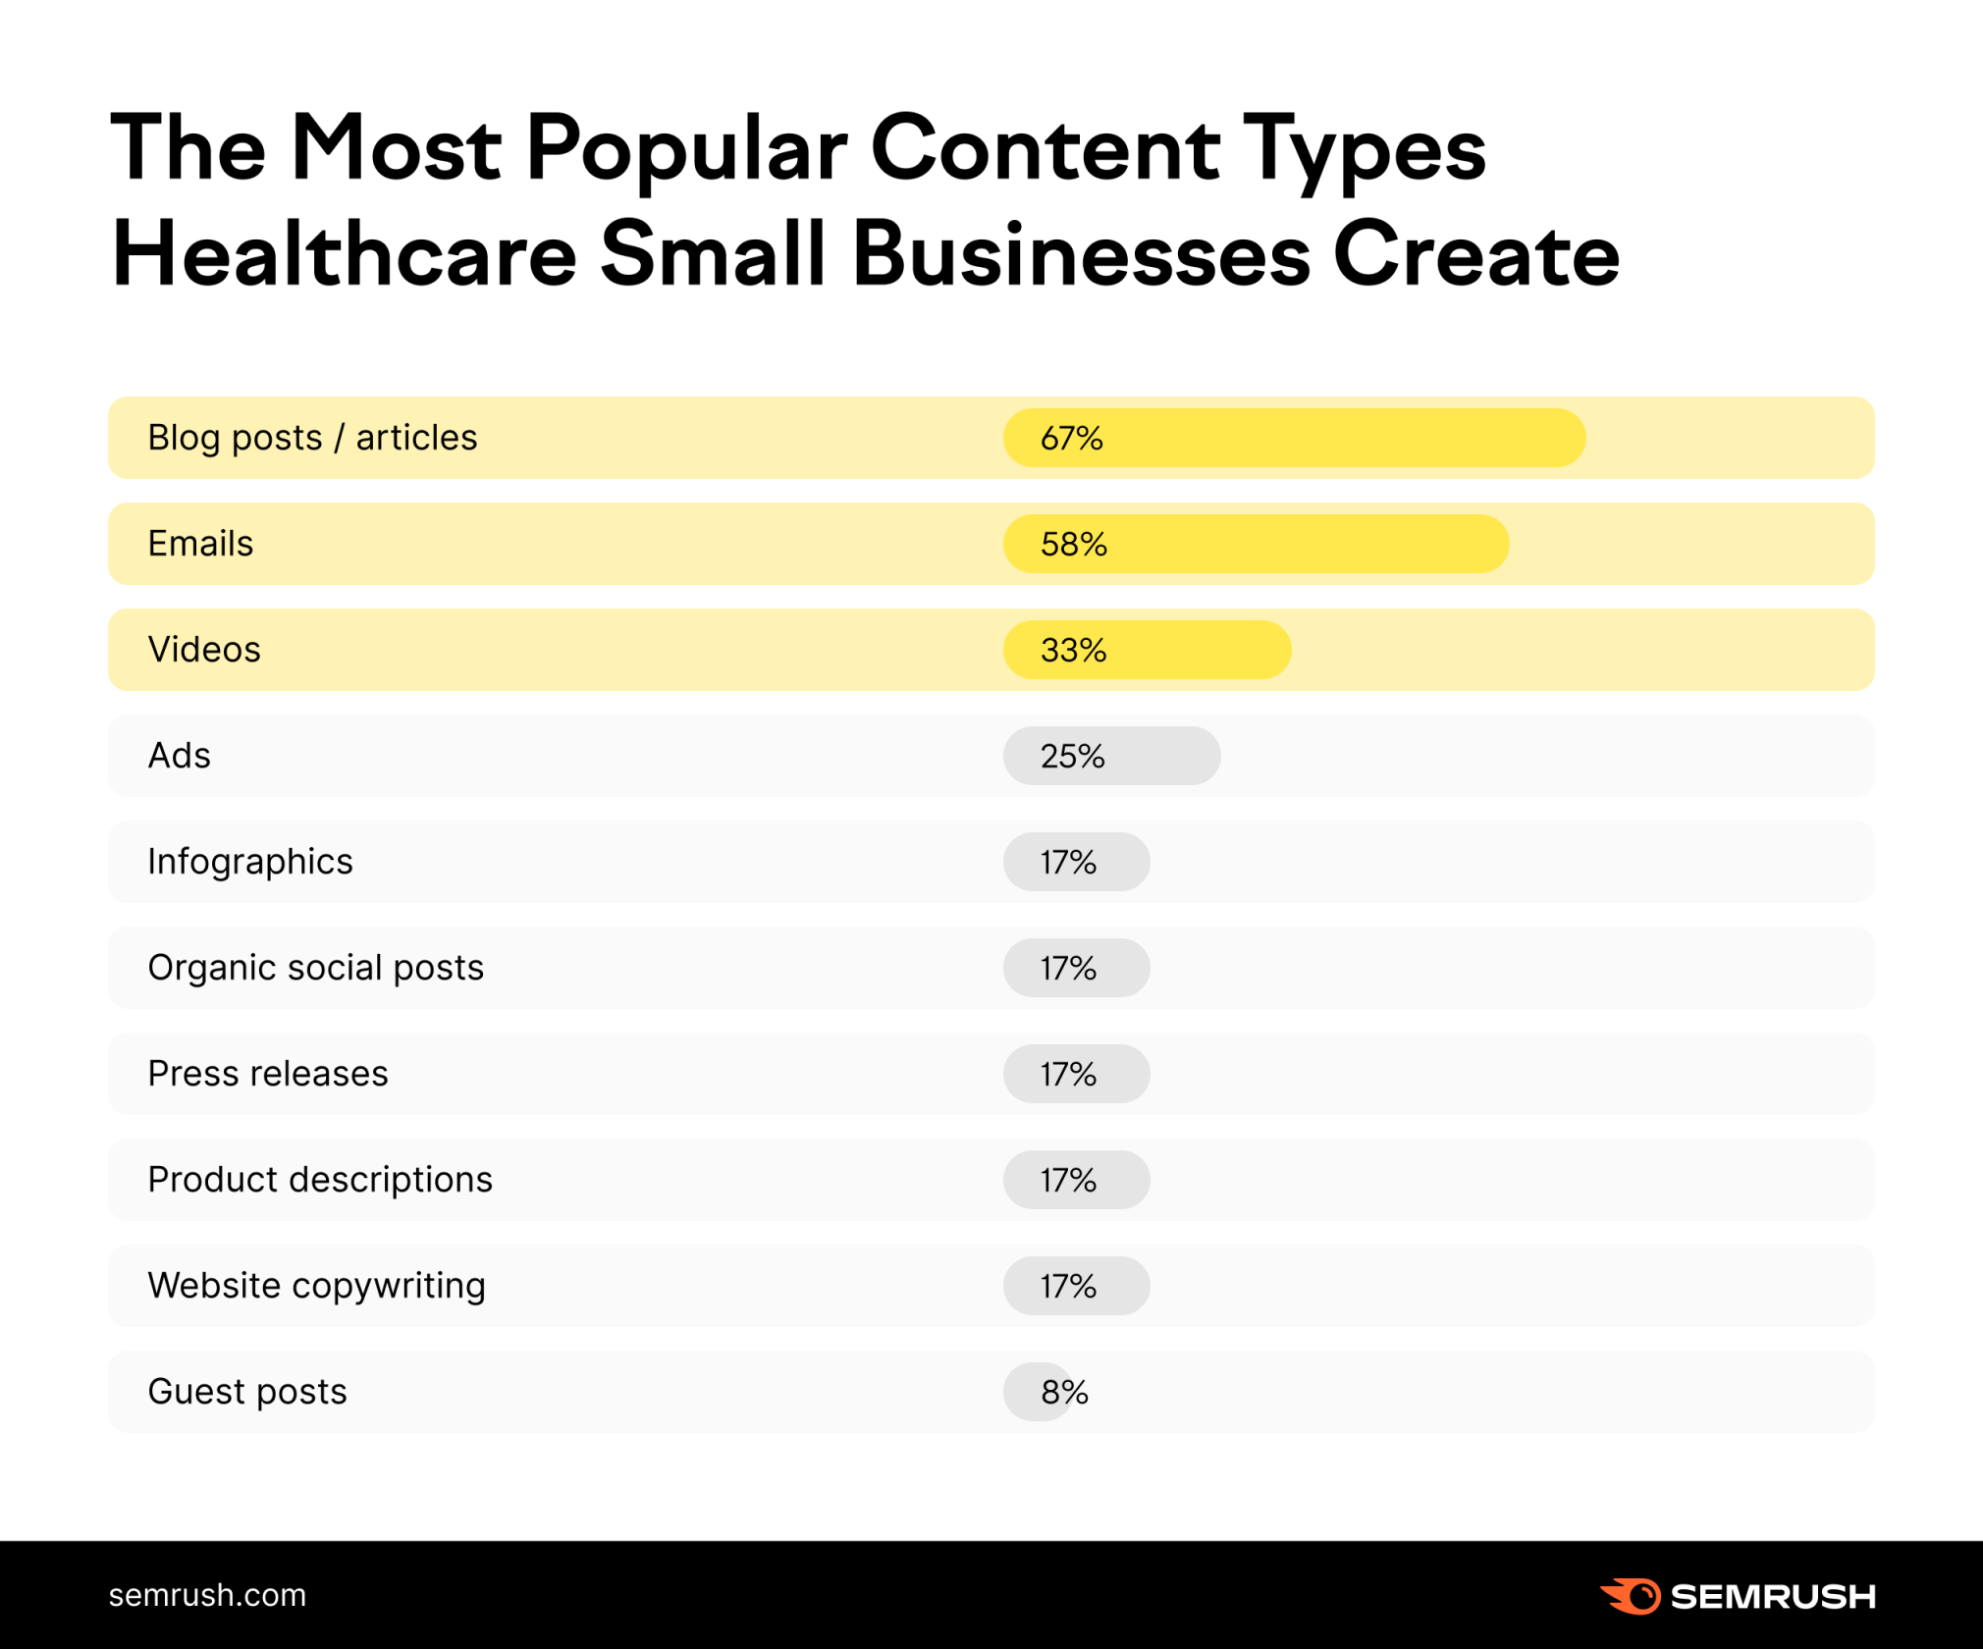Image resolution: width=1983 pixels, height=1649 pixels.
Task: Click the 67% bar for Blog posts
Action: point(1294,438)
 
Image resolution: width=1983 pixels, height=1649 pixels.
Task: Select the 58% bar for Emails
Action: point(1256,544)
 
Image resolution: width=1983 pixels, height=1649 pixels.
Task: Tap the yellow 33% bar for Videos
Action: point(1147,650)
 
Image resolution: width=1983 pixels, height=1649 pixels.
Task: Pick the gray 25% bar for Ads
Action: point(1111,756)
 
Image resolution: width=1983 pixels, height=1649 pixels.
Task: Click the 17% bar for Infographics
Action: point(1076,862)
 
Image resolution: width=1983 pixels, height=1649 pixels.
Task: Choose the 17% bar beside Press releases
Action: point(1076,1074)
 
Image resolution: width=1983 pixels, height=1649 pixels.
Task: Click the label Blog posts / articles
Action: point(312,438)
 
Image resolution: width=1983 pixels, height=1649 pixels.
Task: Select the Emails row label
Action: point(200,544)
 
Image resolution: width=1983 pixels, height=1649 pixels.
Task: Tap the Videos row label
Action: point(204,650)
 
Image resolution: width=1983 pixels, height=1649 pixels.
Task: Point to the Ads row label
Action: point(179,756)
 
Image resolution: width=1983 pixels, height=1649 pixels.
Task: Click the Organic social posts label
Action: point(315,968)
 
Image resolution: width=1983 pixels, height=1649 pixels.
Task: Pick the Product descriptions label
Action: point(320,1180)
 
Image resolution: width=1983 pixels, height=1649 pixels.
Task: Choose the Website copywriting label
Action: point(316,1286)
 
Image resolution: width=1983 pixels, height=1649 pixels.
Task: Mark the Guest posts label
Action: point(247,1392)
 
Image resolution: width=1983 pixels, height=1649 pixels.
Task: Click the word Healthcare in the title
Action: point(344,255)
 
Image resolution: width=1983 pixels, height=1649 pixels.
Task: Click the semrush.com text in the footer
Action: point(207,1595)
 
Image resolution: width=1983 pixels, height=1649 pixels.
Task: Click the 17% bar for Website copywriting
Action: point(1076,1286)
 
